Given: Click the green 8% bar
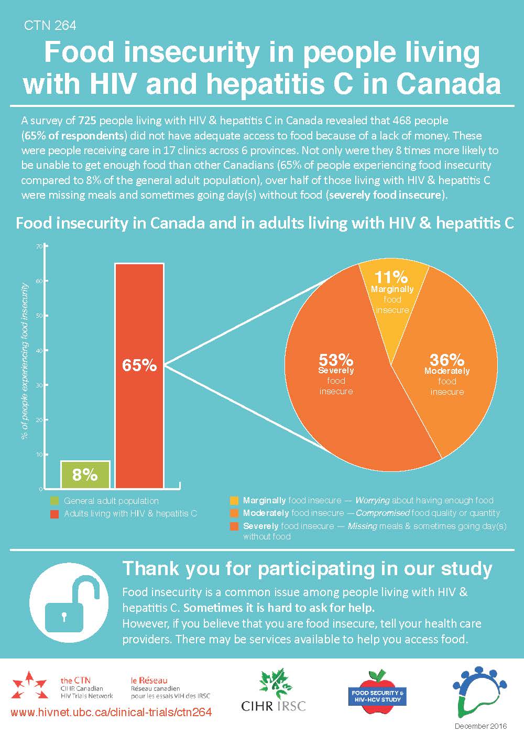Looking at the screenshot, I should (x=85, y=474).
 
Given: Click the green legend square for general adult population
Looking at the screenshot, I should (x=54, y=501).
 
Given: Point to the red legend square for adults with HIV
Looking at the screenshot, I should (x=54, y=514).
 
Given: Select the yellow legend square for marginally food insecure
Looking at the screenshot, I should (x=234, y=501).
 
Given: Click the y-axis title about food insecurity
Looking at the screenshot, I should (x=25, y=362).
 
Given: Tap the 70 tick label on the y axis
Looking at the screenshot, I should (x=39, y=246).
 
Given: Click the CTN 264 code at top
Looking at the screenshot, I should (x=50, y=25).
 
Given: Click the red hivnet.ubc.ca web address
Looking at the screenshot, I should (x=111, y=713).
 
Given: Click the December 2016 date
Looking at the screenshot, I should (x=481, y=726).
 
